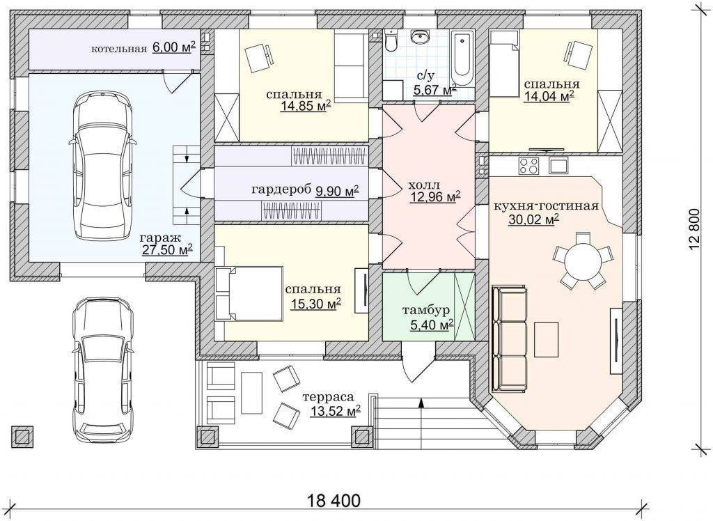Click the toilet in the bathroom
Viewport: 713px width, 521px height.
click(391, 40)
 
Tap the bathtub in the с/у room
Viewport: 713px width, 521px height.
click(462, 59)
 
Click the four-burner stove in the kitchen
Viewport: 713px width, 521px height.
click(528, 165)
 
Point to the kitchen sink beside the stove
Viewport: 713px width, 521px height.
click(559, 165)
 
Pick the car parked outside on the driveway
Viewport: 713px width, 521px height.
click(103, 367)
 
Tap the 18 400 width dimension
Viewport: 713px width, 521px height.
click(334, 501)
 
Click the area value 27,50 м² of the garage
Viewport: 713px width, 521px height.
click(167, 249)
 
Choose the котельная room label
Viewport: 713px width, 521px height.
click(119, 49)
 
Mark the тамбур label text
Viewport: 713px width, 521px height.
click(426, 311)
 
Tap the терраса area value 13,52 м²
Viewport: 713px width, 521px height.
click(336, 412)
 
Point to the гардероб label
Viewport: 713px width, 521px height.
click(281, 189)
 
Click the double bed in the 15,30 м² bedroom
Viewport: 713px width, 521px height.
click(249, 294)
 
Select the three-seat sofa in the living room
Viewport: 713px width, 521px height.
click(509, 339)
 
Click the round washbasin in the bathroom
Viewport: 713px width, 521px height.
click(420, 37)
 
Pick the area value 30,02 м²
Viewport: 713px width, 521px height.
click(533, 220)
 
